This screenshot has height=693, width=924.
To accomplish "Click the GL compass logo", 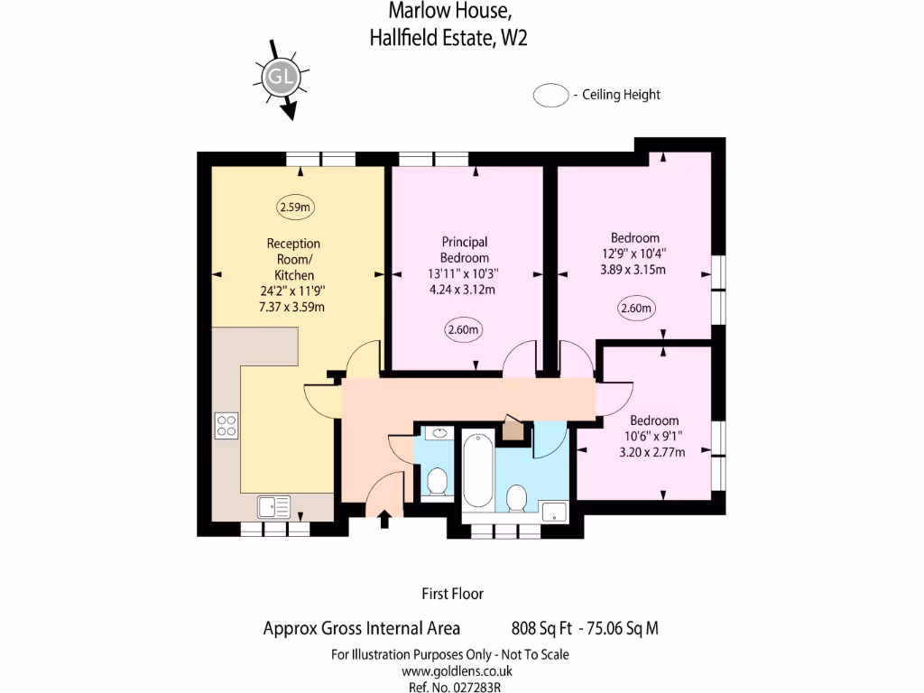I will click(281, 78).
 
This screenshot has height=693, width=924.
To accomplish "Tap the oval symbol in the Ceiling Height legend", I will click(550, 95).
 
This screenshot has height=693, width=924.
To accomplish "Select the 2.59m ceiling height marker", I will click(295, 208).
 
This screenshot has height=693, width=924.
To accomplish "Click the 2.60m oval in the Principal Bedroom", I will click(464, 330).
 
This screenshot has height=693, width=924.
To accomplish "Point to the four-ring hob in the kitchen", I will click(226, 425).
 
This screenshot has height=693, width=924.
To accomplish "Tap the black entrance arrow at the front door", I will click(383, 518).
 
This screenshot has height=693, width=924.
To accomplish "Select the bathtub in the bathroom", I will click(477, 468).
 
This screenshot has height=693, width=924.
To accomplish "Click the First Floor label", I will click(453, 594).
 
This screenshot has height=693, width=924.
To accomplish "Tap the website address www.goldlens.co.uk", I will click(457, 670).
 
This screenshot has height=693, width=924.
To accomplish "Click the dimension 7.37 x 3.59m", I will click(291, 307).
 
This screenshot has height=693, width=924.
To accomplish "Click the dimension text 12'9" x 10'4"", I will click(634, 254).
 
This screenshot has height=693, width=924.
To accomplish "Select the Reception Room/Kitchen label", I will click(293, 259).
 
